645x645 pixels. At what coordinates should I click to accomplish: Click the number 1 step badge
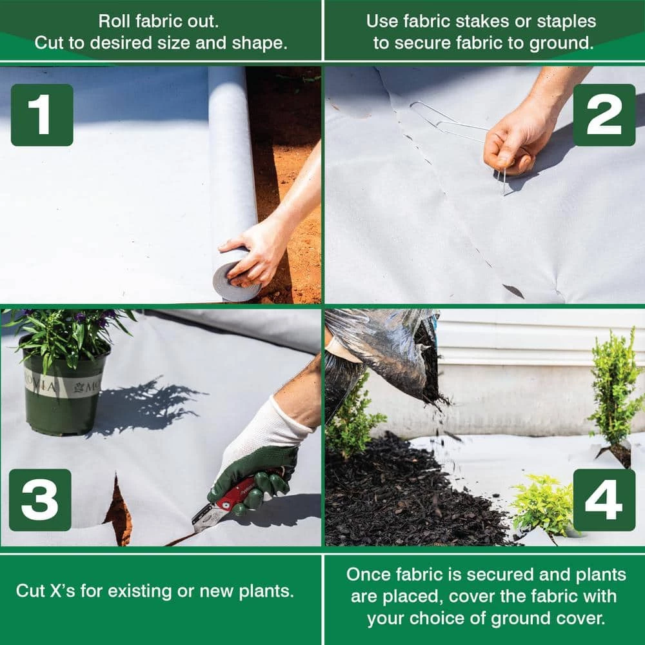[42, 115]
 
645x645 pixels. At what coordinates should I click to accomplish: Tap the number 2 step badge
[604, 115]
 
